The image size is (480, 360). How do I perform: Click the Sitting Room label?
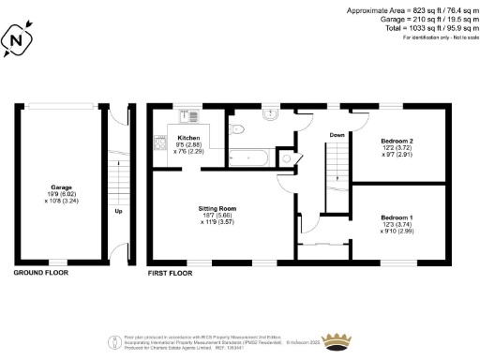[217, 207]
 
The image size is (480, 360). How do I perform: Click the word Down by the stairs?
[337, 136]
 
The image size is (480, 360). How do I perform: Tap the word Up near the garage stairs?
[118, 211]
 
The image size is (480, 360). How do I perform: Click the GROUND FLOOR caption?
[42, 273]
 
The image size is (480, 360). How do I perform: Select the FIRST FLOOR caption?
[171, 273]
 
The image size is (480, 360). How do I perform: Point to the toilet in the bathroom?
[287, 157]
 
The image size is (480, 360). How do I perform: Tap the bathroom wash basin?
[273, 115]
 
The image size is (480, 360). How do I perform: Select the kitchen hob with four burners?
[159, 144]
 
